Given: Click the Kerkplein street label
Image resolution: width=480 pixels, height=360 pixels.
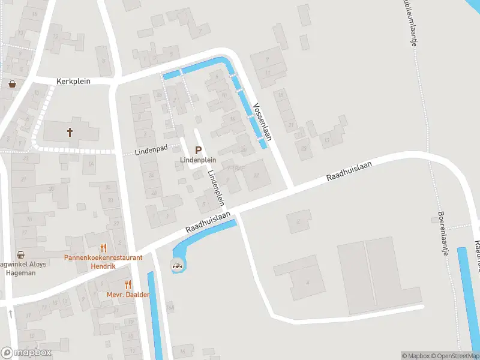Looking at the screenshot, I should coord(73,81).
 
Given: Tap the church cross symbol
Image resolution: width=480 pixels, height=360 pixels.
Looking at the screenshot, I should coord(70,132).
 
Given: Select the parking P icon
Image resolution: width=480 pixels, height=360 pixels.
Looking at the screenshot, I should coord(198,151).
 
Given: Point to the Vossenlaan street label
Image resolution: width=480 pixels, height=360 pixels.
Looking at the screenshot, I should coord(262,121).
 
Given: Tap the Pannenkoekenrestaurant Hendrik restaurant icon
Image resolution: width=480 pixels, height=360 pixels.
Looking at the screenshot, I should coord(104,247).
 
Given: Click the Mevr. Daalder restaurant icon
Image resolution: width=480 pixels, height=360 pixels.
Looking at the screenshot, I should coord(128,284).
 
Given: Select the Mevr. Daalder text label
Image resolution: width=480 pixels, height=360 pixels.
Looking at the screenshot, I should coord(128,295).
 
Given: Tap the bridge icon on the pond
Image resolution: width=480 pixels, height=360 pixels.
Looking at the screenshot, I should coord(177,265).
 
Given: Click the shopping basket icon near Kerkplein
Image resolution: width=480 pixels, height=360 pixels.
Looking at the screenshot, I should coord(13,84).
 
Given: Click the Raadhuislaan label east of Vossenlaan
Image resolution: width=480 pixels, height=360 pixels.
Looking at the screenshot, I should coord(349,171).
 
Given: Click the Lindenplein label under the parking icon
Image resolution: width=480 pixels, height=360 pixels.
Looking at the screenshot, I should coord(198,160).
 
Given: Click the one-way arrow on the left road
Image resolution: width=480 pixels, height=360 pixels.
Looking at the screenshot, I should coord(11,314).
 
